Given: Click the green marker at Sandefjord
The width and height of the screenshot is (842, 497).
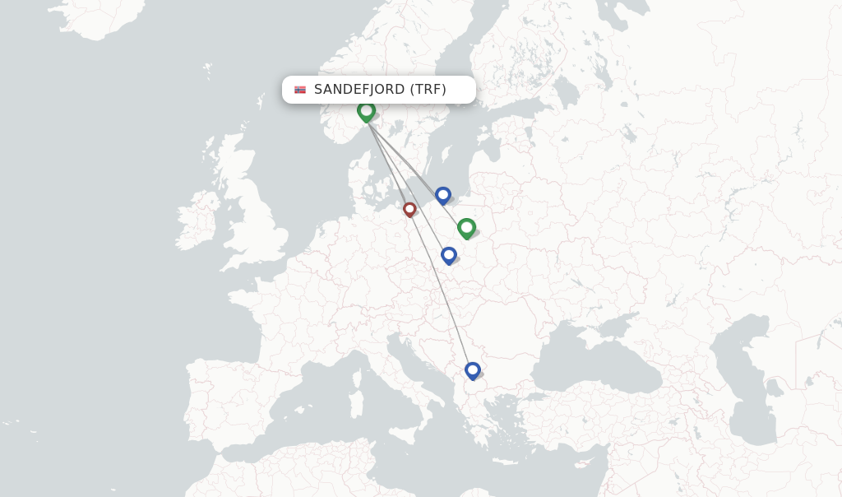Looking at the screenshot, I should [366, 110].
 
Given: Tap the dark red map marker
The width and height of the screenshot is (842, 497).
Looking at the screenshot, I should [409, 210].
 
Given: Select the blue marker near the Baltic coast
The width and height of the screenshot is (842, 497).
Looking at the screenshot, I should [443, 195].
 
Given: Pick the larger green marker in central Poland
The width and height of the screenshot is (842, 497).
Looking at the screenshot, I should [466, 227].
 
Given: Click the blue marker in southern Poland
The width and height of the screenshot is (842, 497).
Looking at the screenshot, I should [448, 255].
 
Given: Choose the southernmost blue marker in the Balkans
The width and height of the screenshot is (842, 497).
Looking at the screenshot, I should [472, 370].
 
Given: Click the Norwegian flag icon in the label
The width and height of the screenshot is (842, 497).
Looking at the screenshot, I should [300, 90].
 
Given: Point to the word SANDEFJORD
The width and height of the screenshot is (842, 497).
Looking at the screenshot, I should [359, 90].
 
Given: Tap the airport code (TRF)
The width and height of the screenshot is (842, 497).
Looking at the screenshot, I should [428, 90].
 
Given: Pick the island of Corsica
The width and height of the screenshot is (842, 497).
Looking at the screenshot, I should [358, 374].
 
